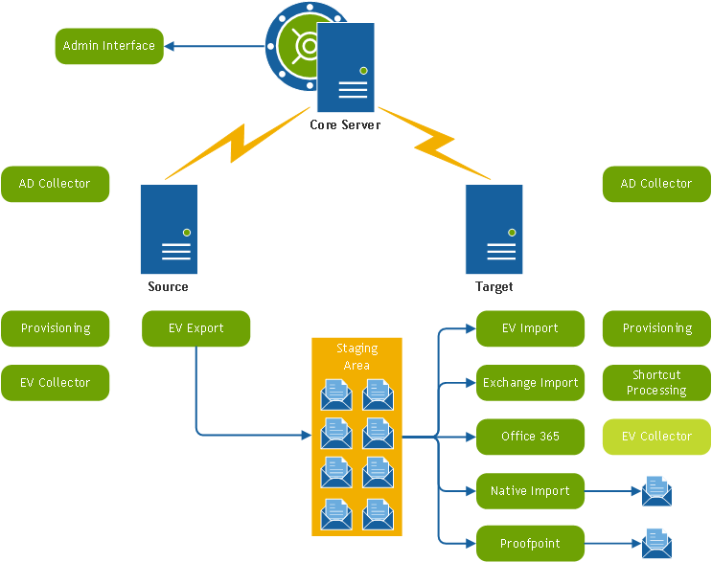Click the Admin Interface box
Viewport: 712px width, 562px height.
coord(108,46)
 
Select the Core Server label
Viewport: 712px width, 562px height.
coord(345,125)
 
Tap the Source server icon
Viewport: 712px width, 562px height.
coord(169,230)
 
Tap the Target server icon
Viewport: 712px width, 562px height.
coord(494,230)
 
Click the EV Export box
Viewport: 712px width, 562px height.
coord(195,328)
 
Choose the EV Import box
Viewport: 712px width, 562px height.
coord(530,328)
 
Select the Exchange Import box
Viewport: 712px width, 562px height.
coord(530,383)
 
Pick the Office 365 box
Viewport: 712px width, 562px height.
coord(530,437)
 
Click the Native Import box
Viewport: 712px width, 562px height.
coord(530,491)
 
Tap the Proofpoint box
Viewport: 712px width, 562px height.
coord(530,544)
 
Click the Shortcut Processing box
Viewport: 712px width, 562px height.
coord(656,383)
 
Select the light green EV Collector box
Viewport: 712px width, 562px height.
coord(656,437)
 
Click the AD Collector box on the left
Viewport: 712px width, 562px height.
coord(55,184)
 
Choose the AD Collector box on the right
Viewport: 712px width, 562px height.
coord(656,184)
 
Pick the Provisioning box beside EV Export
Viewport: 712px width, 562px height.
coord(55,328)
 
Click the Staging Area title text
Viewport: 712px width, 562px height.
coord(356,356)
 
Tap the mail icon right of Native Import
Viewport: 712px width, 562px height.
coord(656,490)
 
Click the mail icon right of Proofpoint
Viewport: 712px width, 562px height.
coord(656,543)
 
